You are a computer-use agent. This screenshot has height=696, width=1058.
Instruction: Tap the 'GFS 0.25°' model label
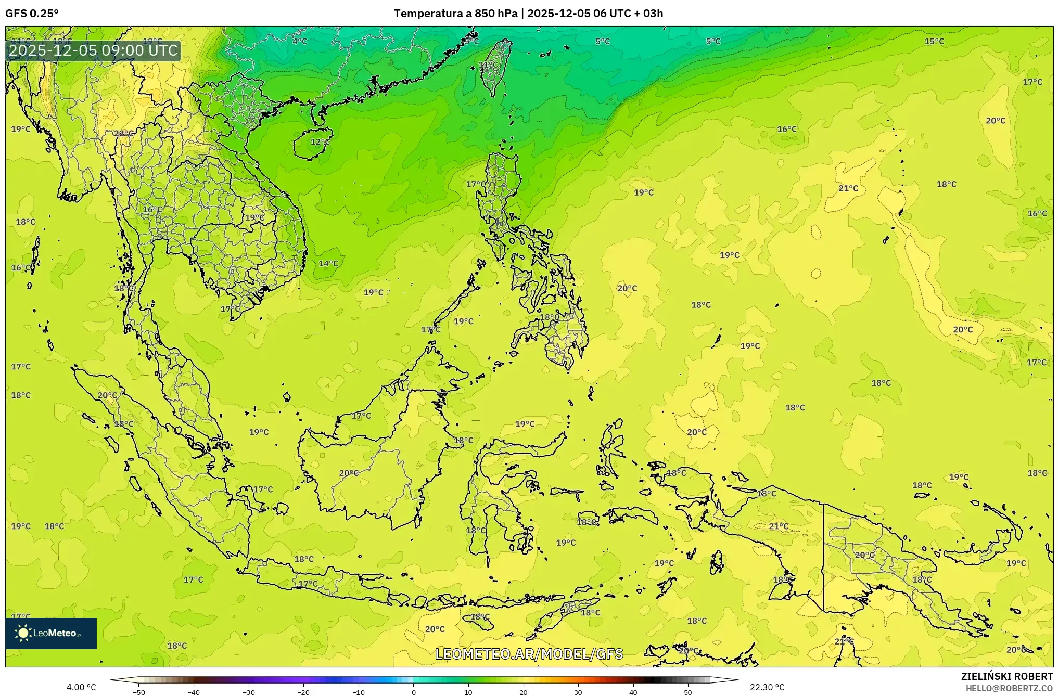tap(32, 14)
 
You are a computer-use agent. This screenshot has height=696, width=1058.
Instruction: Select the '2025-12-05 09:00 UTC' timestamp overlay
tap(94, 50)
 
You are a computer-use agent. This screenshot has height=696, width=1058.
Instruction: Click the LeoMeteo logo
tap(51, 633)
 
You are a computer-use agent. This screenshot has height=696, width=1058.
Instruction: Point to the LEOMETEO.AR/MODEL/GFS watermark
tap(529, 654)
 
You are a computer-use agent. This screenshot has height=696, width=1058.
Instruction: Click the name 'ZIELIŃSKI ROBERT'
tap(1006, 676)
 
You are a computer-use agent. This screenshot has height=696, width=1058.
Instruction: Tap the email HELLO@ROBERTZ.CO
tap(1009, 688)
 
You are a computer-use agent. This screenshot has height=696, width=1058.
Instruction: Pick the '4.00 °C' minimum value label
tap(81, 687)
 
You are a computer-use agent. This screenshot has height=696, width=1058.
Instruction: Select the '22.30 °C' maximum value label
tap(767, 687)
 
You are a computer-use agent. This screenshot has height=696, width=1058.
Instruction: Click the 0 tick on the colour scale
tap(414, 692)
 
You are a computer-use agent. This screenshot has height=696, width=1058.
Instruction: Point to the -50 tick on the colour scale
tap(139, 692)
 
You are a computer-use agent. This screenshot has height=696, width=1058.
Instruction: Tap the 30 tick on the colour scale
tap(578, 692)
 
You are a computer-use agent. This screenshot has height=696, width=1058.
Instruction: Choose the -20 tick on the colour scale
tap(303, 692)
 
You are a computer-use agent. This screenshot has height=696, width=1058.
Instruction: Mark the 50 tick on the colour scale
tap(688, 692)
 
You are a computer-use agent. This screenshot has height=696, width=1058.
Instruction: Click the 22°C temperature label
tap(123, 133)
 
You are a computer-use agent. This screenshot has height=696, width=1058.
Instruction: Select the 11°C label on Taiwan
tap(488, 65)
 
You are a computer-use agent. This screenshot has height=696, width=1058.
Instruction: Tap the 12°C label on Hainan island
tap(320, 142)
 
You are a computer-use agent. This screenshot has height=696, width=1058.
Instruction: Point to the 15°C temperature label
tap(934, 42)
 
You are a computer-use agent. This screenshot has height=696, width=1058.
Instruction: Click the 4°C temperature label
tap(300, 42)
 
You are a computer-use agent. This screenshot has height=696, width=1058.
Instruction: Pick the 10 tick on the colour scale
tap(468, 692)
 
